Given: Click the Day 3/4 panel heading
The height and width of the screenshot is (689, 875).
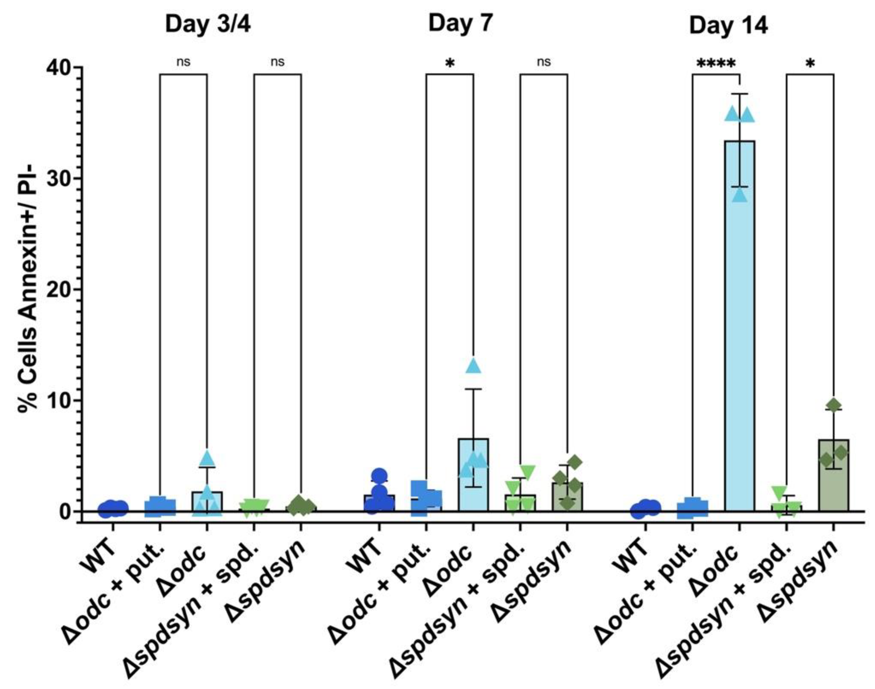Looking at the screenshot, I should [208, 25].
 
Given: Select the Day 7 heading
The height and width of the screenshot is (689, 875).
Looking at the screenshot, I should [460, 23].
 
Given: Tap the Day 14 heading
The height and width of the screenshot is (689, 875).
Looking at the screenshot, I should [728, 26].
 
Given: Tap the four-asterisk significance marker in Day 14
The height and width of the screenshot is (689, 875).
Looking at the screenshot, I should [716, 64].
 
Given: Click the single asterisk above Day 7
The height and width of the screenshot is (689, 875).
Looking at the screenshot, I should [450, 64].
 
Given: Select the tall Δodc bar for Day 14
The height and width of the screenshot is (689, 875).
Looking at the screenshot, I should [740, 323].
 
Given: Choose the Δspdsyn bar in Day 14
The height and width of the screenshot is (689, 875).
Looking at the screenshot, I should [833, 476].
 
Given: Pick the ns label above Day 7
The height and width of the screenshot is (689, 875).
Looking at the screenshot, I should [544, 62].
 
